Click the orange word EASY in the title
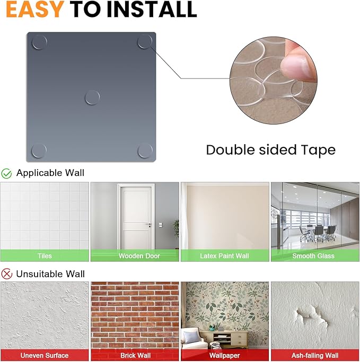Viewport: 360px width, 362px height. [x=34, y=9]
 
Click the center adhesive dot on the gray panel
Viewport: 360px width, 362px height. [x=92, y=97]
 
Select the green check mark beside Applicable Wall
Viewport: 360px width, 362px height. [x=6, y=173]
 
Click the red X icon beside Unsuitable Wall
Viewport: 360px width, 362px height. [x=7, y=274]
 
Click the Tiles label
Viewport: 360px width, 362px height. [x=45, y=256]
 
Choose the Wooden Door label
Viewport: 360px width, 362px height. [x=139, y=256]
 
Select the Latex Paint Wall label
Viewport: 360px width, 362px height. [x=224, y=256]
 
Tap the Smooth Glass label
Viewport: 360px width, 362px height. [x=313, y=256]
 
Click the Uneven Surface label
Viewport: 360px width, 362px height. [x=45, y=355]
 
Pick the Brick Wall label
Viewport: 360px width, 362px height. [x=135, y=355]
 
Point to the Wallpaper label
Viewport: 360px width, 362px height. [x=224, y=355]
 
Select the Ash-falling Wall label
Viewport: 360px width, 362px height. [x=315, y=355]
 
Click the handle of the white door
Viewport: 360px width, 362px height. [x=148, y=224]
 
